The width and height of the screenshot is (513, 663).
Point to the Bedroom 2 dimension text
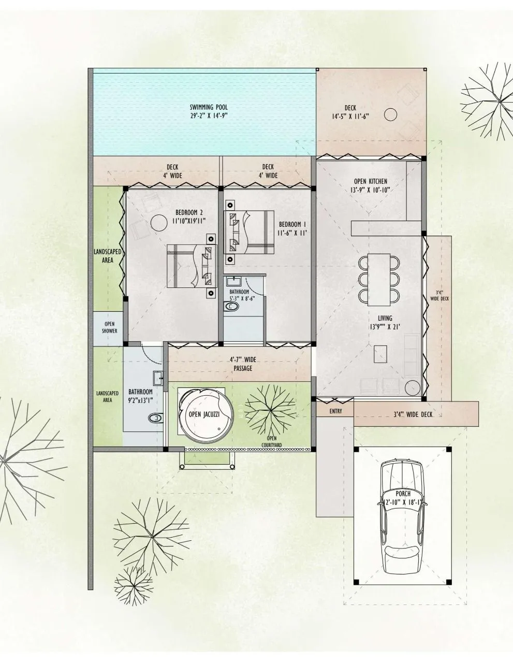[189, 221]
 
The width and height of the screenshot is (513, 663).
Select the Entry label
[335, 411]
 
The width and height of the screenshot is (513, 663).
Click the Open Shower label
[110, 327]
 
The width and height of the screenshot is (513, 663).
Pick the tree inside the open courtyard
[270, 410]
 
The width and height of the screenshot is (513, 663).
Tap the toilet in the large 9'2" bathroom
[155, 418]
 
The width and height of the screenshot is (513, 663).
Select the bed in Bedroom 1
[249, 233]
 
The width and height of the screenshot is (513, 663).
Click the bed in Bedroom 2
[191, 266]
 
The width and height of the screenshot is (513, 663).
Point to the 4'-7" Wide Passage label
[242, 364]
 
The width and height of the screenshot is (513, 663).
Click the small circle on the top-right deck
[391, 114]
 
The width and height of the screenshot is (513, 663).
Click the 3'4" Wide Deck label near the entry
[412, 414]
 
